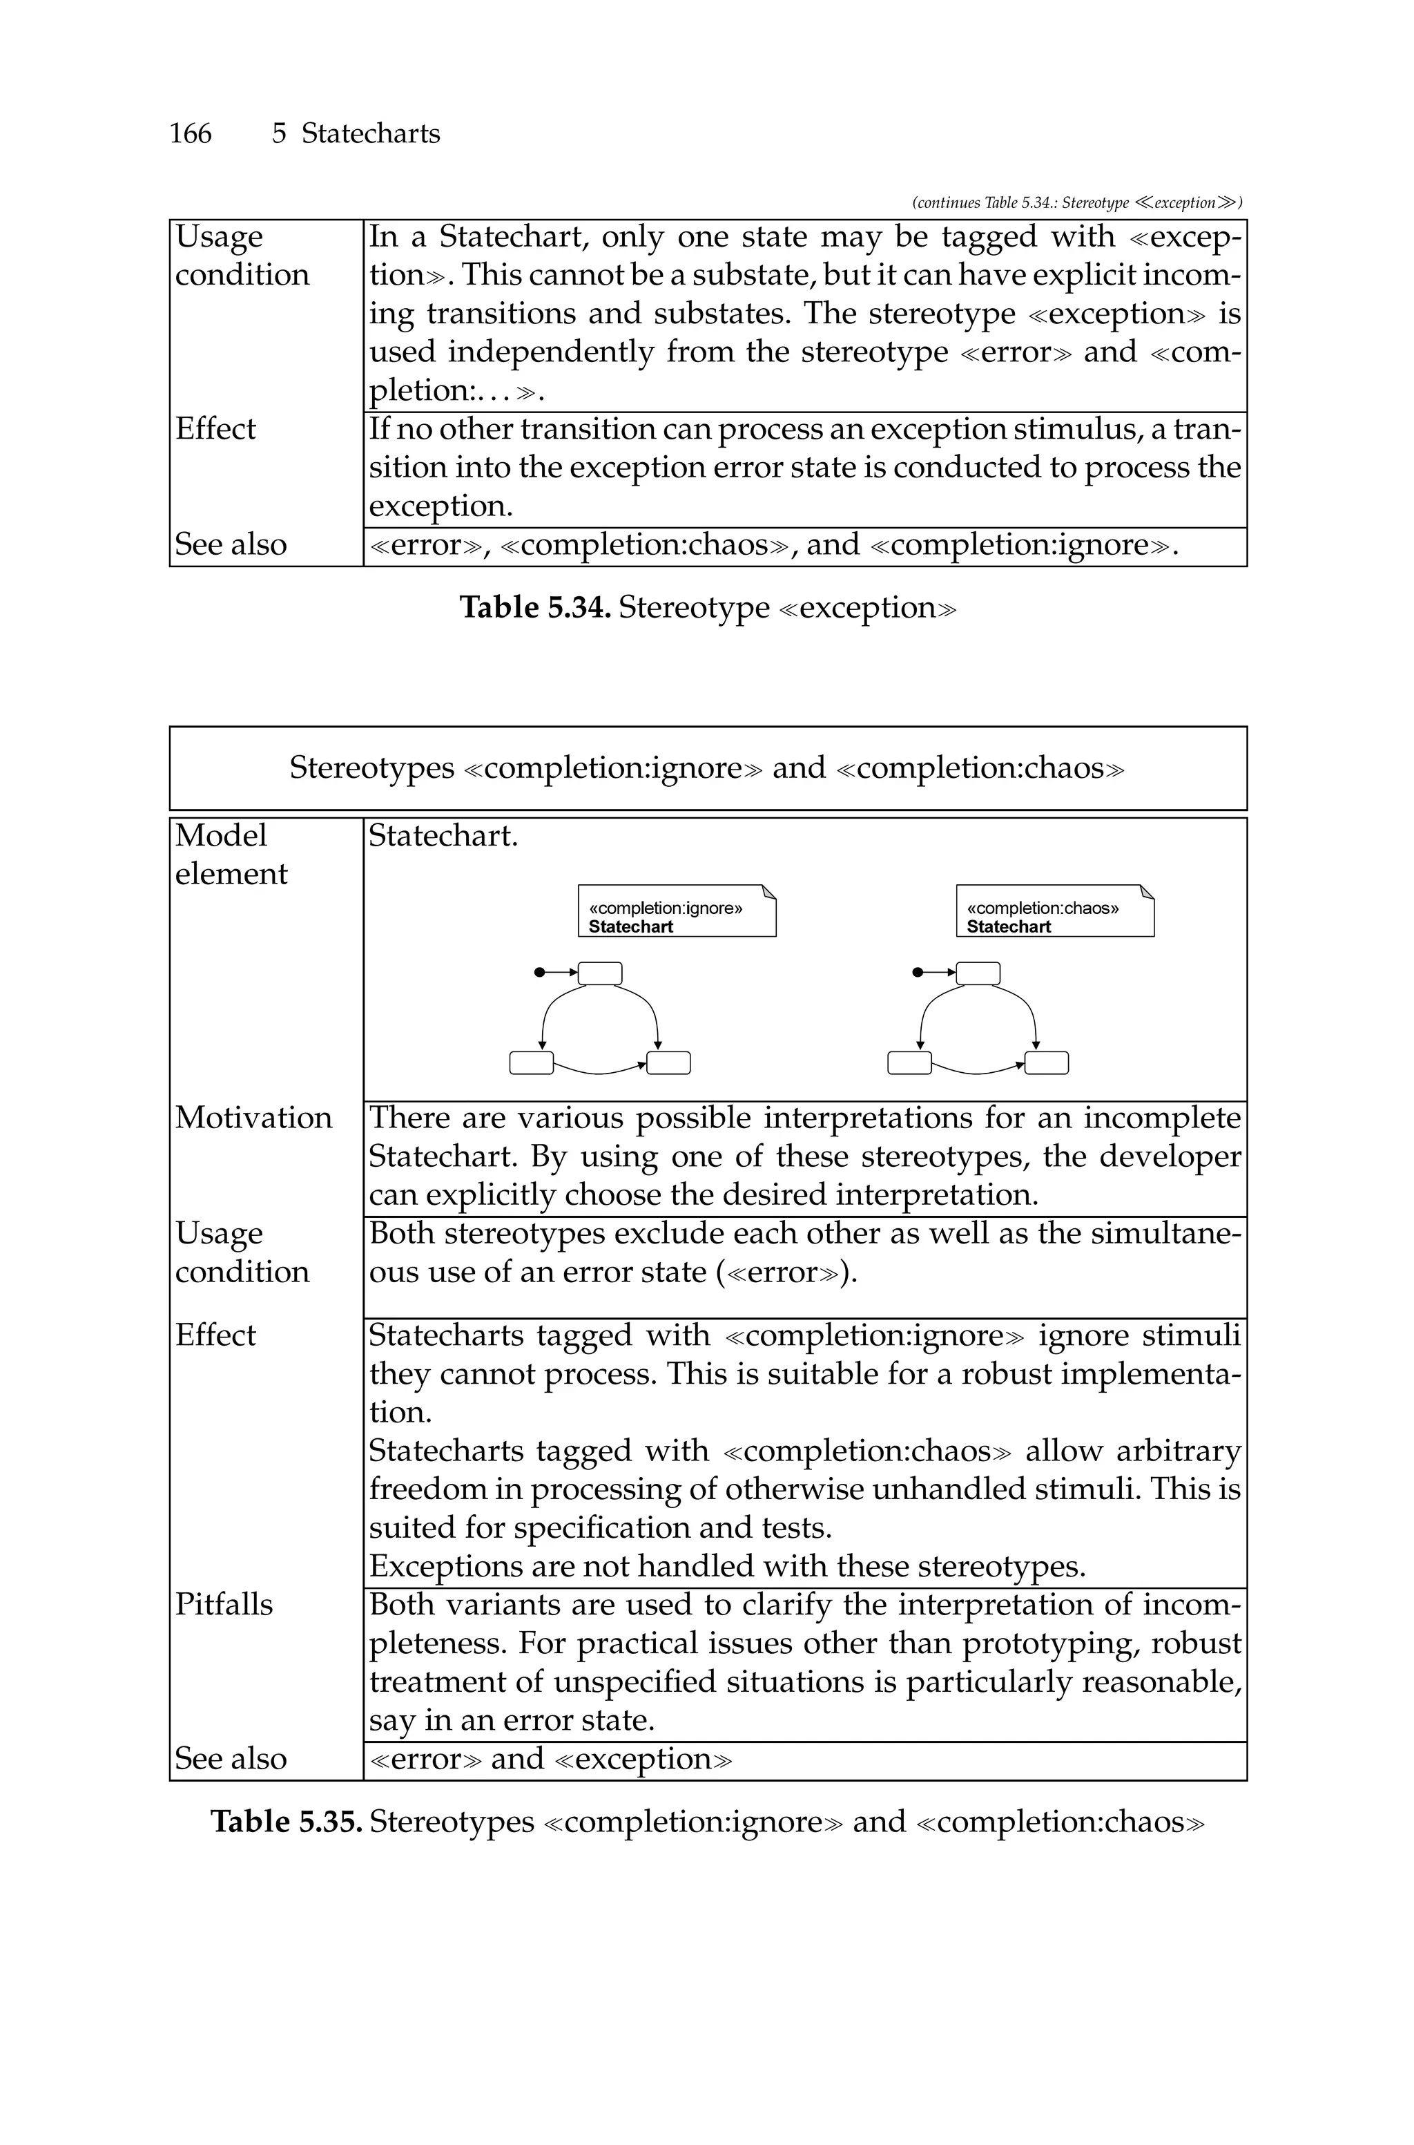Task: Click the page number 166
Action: point(191,133)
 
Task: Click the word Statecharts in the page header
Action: point(370,133)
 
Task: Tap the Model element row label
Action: point(231,855)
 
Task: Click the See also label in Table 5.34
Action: point(230,545)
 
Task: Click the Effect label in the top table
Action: point(215,428)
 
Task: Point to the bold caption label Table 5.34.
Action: point(536,607)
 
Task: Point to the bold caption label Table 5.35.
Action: point(286,1821)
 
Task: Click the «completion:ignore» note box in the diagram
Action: point(677,912)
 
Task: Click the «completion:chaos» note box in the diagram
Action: point(1054,912)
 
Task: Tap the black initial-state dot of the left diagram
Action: point(539,973)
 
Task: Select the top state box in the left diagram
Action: point(600,973)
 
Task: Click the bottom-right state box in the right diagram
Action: point(1046,1063)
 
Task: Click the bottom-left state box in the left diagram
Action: point(531,1063)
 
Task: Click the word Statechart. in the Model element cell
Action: point(443,836)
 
